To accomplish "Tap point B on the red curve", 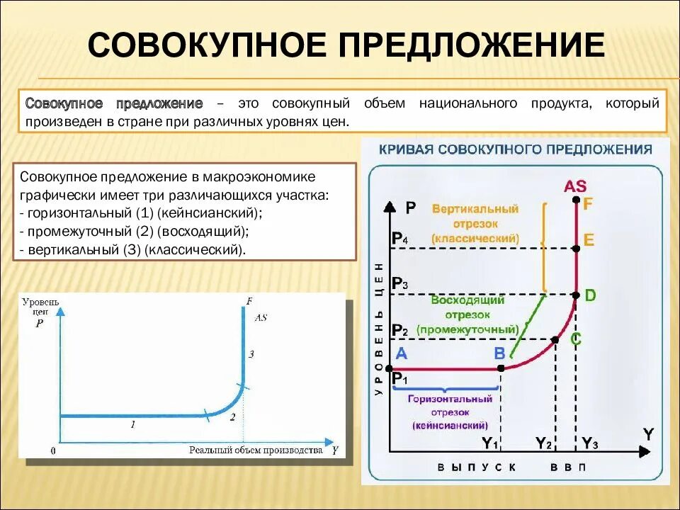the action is point(501,368).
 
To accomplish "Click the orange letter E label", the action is point(589,240).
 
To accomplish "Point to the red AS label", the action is point(575,186).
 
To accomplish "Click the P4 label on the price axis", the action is point(399,239).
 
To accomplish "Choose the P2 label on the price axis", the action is point(399,330).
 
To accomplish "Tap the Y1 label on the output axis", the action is point(490,444).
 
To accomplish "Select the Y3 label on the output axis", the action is point(590,444).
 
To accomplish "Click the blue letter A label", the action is point(401,353).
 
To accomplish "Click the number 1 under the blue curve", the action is point(132,424).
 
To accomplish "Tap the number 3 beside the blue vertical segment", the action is point(251,353).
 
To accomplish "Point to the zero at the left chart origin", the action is point(53,450).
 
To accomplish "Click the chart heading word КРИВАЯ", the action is point(406,149).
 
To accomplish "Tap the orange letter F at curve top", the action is point(588,203).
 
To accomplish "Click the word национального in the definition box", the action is point(467,103).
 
